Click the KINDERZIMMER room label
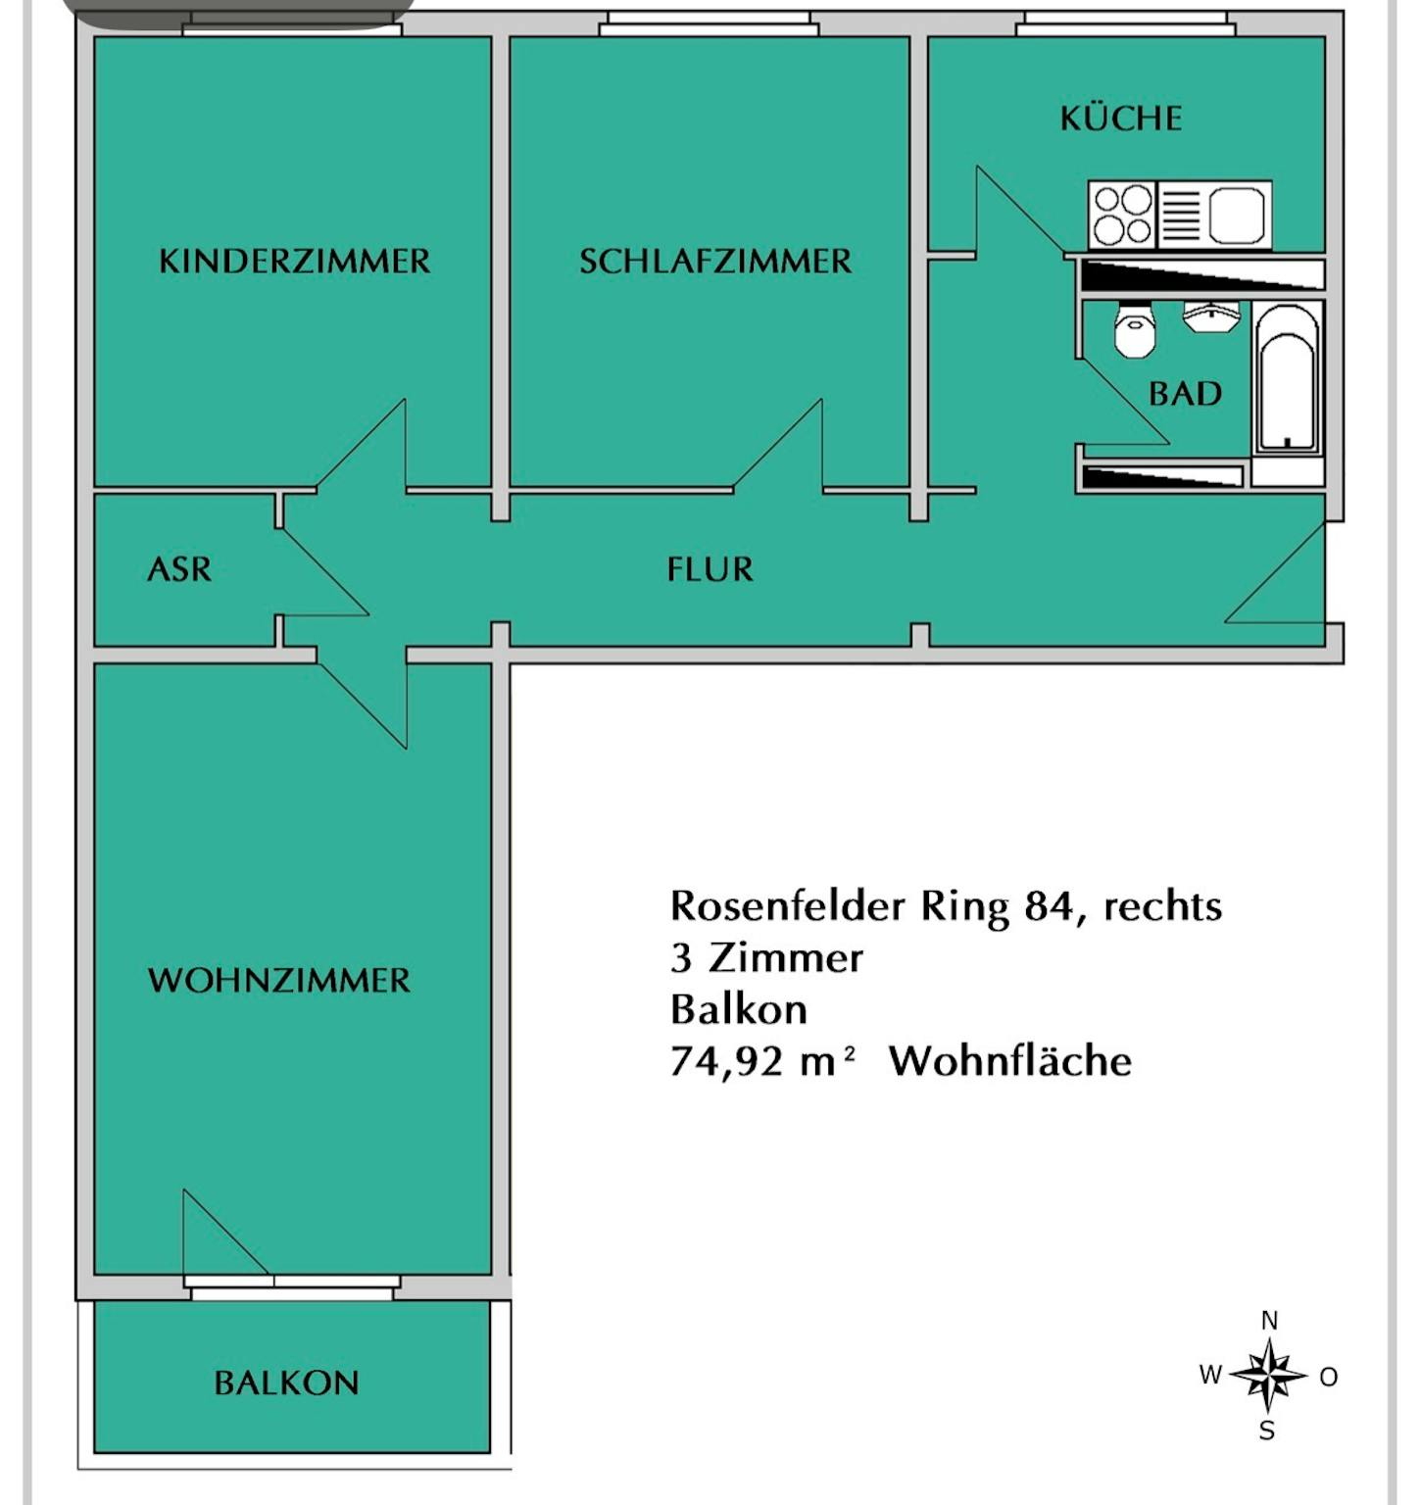[x=294, y=262]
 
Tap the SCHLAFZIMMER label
[x=715, y=262]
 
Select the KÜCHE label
[x=1120, y=119]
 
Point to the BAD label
[x=1185, y=394]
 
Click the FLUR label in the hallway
[x=710, y=569]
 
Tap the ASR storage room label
[x=178, y=569]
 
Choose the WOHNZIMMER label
[x=279, y=981]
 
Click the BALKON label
[x=286, y=1383]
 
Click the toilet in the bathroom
[x=1136, y=331]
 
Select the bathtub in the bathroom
[x=1287, y=379]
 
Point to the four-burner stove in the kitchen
[x=1123, y=215]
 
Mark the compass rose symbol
[x=1268, y=1376]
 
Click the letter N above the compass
[x=1269, y=1321]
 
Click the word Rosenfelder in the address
[x=787, y=906]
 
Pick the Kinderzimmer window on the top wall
[x=292, y=27]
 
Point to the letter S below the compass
[x=1267, y=1432]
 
